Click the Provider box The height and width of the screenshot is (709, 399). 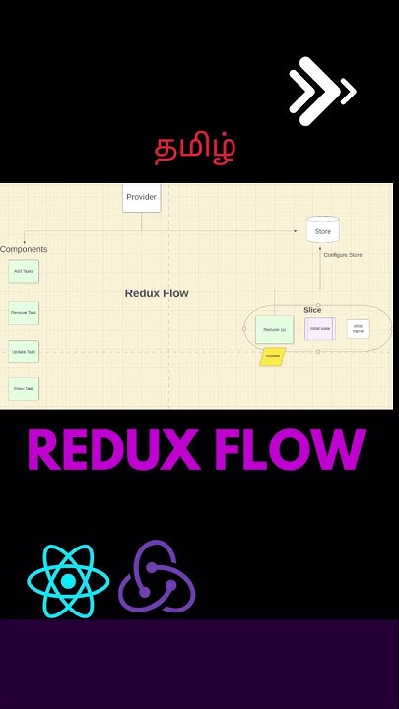pos(141,197)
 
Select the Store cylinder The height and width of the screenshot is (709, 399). pos(322,230)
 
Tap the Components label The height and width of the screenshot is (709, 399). pos(24,249)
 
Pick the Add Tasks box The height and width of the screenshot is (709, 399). pos(24,271)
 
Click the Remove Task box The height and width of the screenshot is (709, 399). pos(24,313)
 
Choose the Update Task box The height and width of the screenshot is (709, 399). pos(24,352)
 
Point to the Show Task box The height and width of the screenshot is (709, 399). pos(24,389)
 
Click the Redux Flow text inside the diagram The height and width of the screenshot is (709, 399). pos(157,293)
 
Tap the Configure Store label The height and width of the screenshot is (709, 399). pos(342,255)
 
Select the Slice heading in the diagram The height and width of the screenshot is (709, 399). pos(312,310)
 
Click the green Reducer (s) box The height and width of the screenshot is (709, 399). pos(274,329)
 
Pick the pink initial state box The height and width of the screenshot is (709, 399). pos(319,328)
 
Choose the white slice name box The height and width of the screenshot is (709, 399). pos(358,328)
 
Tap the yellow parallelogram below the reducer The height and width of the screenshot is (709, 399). pos(273,356)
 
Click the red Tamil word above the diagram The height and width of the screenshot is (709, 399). pos(195,148)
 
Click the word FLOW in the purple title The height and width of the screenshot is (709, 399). pos(293,450)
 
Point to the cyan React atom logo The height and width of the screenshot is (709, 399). pos(67,581)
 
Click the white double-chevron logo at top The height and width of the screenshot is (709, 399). pos(321,92)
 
